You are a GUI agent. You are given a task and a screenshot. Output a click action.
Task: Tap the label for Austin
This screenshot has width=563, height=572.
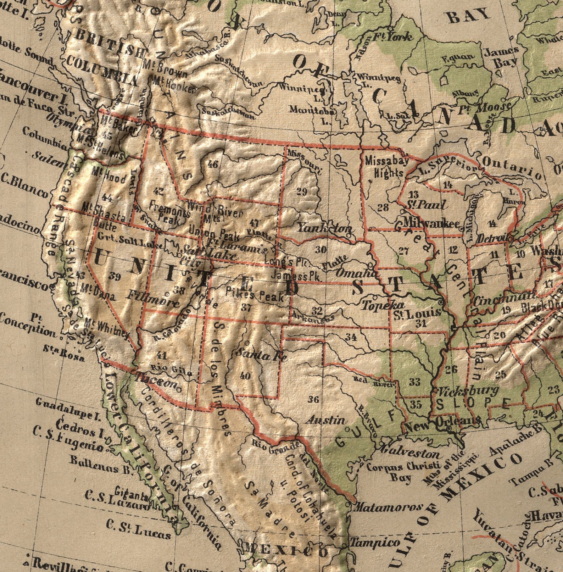[x=325, y=420]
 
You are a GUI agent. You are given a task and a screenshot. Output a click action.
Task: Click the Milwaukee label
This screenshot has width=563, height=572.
[x=431, y=222]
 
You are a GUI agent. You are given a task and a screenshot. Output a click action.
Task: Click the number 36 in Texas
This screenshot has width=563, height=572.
[x=313, y=400]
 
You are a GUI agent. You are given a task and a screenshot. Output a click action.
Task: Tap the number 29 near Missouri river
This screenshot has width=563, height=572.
[x=301, y=192]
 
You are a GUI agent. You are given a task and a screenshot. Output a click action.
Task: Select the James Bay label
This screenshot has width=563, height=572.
[x=501, y=57]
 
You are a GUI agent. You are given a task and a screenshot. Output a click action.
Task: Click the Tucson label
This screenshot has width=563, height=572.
[x=156, y=382]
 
